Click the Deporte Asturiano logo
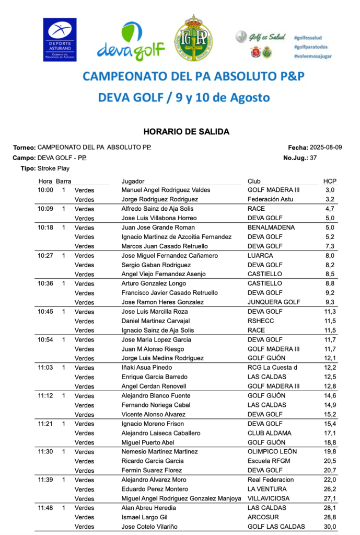(x=60, y=40)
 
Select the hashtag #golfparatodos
(x=310, y=47)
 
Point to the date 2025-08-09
(x=326, y=147)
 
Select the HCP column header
(x=329, y=181)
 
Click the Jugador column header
(x=133, y=181)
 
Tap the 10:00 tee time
(x=45, y=190)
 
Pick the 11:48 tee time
(x=45, y=508)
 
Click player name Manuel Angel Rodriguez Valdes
(x=166, y=190)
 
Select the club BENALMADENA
(x=271, y=227)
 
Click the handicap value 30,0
(x=330, y=527)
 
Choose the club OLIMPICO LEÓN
(x=272, y=451)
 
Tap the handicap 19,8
(x=330, y=451)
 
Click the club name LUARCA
(x=260, y=256)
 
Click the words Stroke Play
(x=53, y=168)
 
